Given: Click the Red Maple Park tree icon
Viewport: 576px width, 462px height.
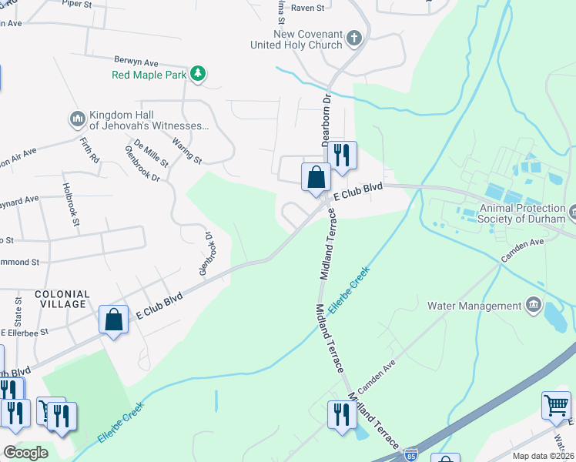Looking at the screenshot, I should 199,74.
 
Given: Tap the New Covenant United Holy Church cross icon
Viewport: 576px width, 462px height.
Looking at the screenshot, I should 353,38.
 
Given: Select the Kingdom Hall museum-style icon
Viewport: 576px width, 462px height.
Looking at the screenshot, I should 77,119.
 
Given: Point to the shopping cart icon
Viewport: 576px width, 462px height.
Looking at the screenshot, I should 556,404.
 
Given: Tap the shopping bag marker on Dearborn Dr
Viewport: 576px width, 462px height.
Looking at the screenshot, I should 316,178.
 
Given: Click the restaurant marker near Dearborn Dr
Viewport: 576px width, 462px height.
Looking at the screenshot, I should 342,154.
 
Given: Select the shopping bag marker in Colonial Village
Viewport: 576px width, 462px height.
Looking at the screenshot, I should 113,320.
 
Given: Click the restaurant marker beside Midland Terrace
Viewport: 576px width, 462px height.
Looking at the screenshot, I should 342,413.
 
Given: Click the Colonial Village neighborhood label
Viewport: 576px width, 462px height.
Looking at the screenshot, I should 62,300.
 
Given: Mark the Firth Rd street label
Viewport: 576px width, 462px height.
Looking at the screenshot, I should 90,149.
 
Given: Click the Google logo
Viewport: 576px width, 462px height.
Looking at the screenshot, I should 25,452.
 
